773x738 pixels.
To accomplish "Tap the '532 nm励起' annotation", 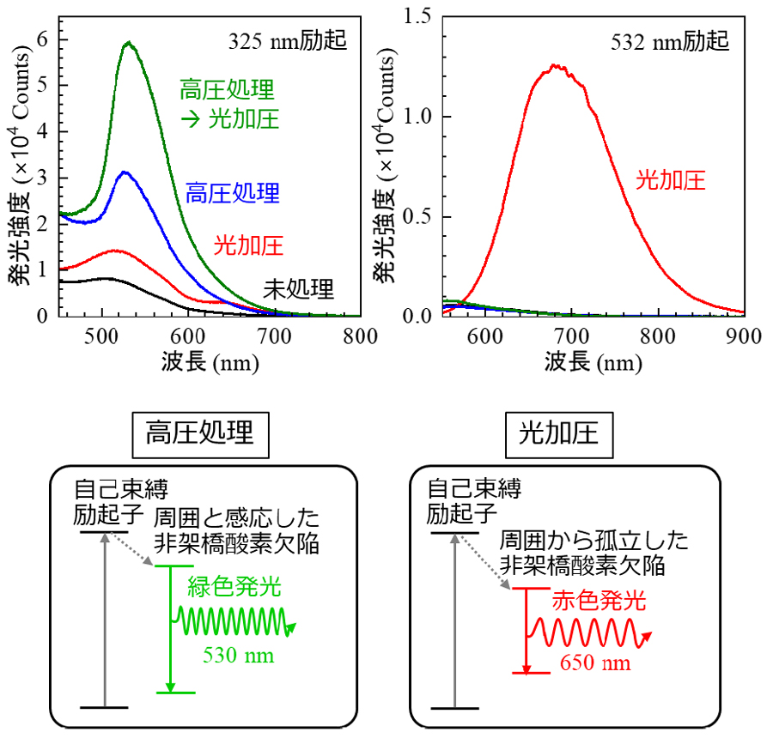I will (671, 40).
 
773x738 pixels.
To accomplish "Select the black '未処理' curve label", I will (298, 289).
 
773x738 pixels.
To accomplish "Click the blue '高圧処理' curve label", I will (233, 192).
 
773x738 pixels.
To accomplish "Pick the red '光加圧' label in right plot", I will (671, 179).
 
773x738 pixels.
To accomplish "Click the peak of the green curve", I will (129, 42).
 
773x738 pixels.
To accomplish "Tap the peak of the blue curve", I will (125, 172).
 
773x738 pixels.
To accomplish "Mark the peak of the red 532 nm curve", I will (556, 65).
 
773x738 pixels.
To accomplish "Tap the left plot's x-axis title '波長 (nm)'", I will (209, 363).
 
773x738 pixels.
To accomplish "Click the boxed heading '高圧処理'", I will (200, 433).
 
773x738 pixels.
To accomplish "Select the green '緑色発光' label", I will (234, 588).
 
